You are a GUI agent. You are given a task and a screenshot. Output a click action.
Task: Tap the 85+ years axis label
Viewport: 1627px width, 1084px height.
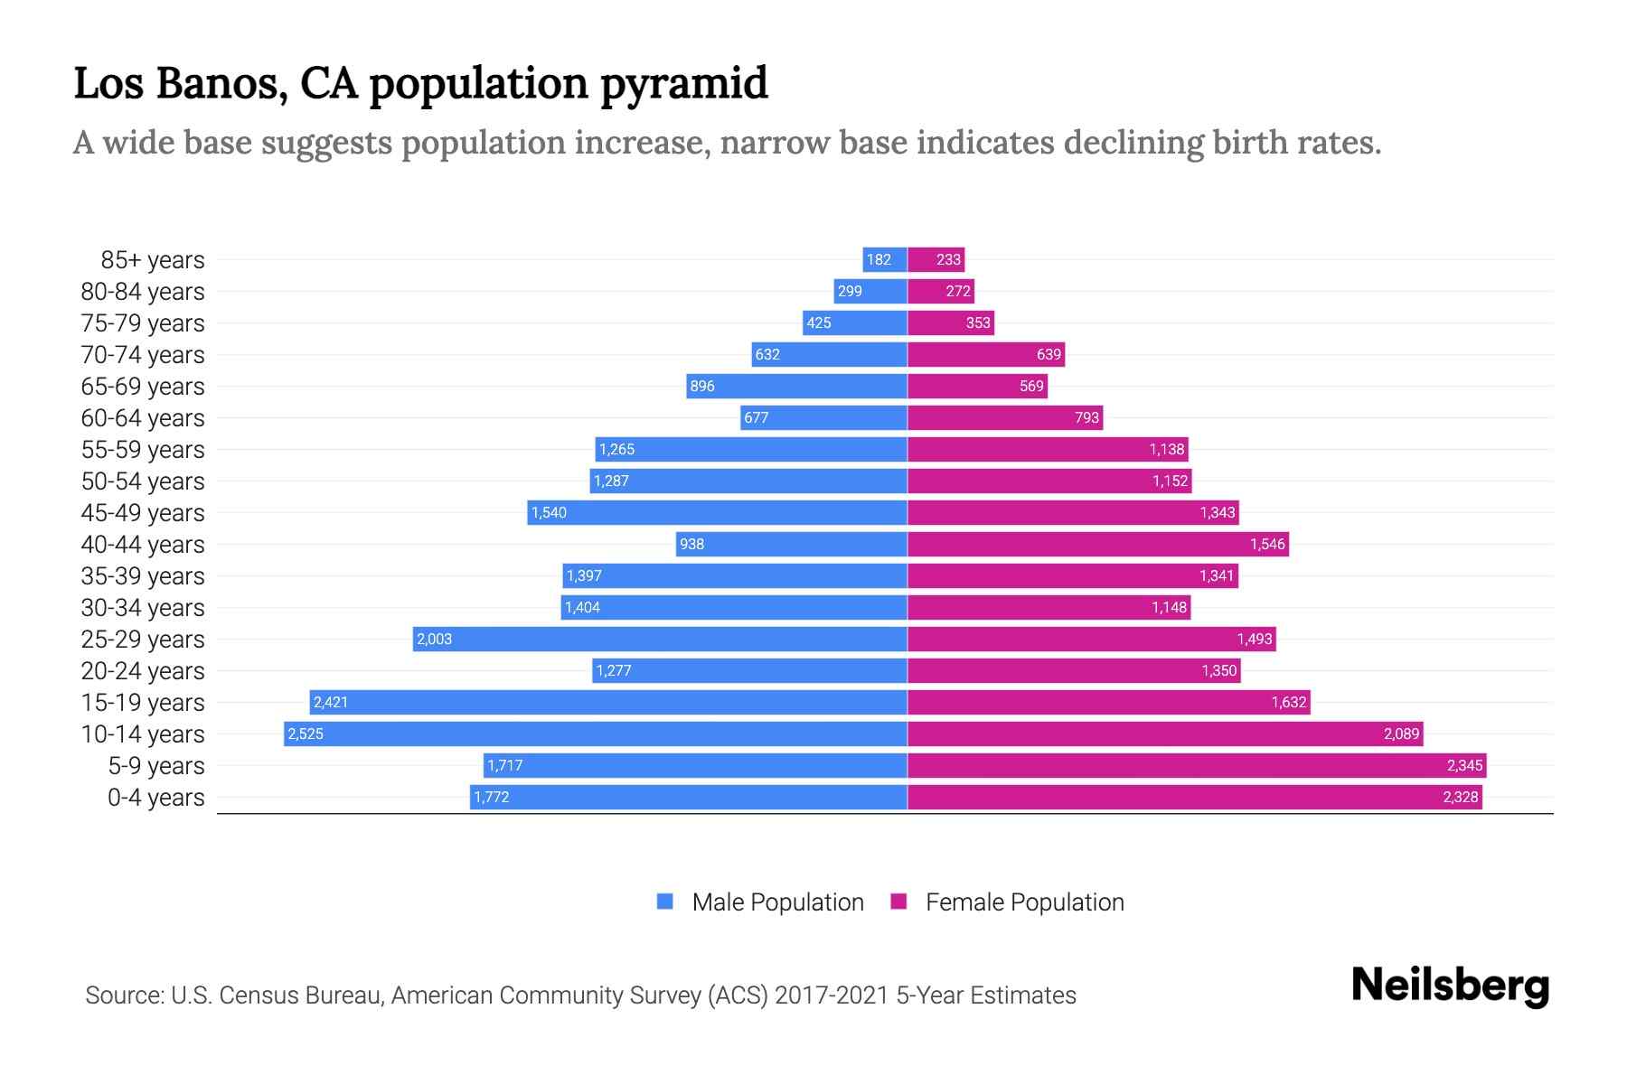[152, 260]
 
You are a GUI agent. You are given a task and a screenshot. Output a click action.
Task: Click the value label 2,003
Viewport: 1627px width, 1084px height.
[434, 639]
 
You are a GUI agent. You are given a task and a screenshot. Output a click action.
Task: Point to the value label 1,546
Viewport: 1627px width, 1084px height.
[1266, 544]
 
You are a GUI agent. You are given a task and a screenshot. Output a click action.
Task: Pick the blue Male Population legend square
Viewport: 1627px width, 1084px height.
[665, 902]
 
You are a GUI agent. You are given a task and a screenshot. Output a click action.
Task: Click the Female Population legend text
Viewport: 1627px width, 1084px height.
[1024, 902]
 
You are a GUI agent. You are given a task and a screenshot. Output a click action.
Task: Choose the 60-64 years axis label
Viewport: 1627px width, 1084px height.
[143, 418]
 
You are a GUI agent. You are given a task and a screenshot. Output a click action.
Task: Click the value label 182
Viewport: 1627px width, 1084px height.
[879, 260]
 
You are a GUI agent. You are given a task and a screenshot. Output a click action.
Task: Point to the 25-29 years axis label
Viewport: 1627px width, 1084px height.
[143, 640]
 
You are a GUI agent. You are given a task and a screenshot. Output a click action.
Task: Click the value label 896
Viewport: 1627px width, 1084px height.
[702, 386]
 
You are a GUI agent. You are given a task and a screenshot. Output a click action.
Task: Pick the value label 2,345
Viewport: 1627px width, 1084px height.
[1464, 765]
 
